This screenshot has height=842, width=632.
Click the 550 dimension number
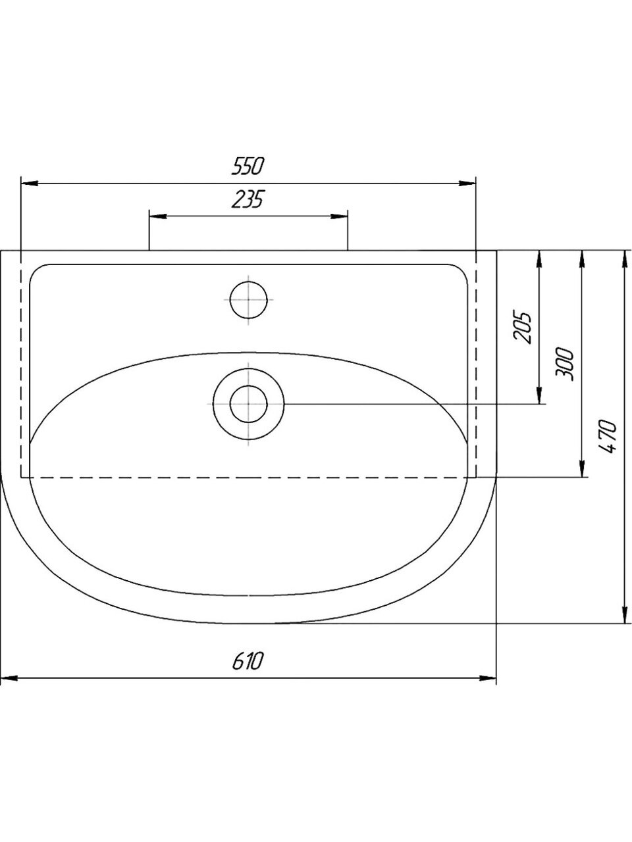[248, 166]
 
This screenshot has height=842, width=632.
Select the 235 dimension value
[248, 199]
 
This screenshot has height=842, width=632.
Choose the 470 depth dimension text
[608, 437]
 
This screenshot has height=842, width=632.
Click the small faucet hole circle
[249, 300]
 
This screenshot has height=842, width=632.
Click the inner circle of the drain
[249, 404]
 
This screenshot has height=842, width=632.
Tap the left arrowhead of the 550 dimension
[30, 184]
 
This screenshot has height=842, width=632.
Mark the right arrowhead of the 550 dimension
[467, 184]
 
